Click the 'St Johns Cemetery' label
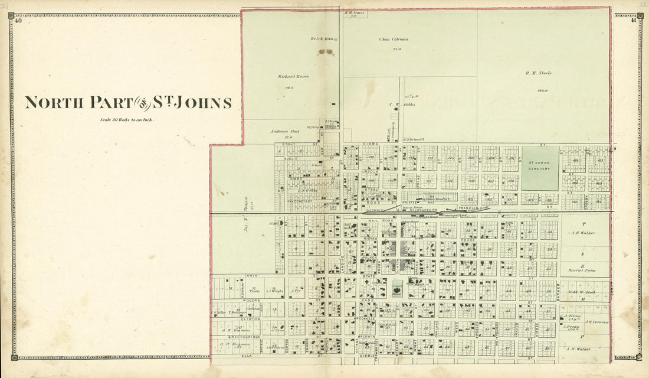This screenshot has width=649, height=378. (x=540, y=166)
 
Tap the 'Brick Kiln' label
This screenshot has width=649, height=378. (x=322, y=39)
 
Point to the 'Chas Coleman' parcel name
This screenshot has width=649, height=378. (x=394, y=40)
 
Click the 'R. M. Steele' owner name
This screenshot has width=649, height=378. (x=537, y=73)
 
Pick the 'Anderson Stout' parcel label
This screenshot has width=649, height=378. (x=285, y=131)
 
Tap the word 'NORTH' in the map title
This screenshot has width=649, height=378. (x=54, y=103)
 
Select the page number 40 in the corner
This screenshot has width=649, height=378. (x=19, y=21)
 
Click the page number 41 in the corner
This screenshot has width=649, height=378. (x=632, y=21)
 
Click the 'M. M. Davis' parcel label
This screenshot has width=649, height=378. (x=356, y=12)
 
